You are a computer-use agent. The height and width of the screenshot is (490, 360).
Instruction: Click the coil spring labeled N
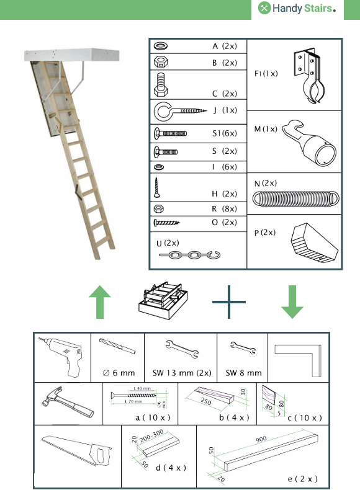[296, 198]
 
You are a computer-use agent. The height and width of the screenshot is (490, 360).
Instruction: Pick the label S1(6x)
[223, 133]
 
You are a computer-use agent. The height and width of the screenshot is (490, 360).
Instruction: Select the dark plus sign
[229, 302]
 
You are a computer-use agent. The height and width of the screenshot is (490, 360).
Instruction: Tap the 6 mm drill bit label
[119, 373]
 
